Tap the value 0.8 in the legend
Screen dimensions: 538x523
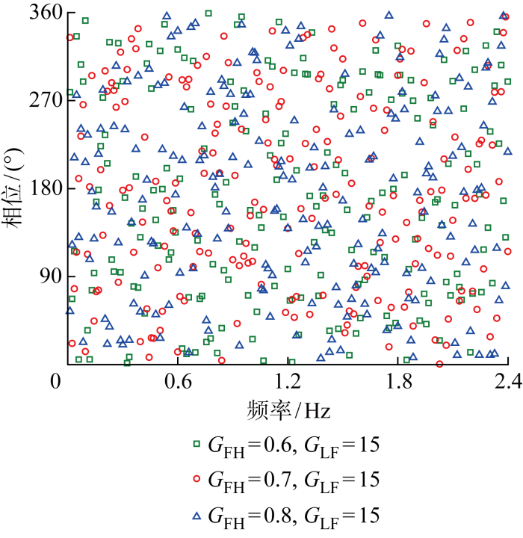pyautogui.click(x=272, y=515)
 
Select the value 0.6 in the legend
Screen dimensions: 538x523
pyautogui.click(x=272, y=445)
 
